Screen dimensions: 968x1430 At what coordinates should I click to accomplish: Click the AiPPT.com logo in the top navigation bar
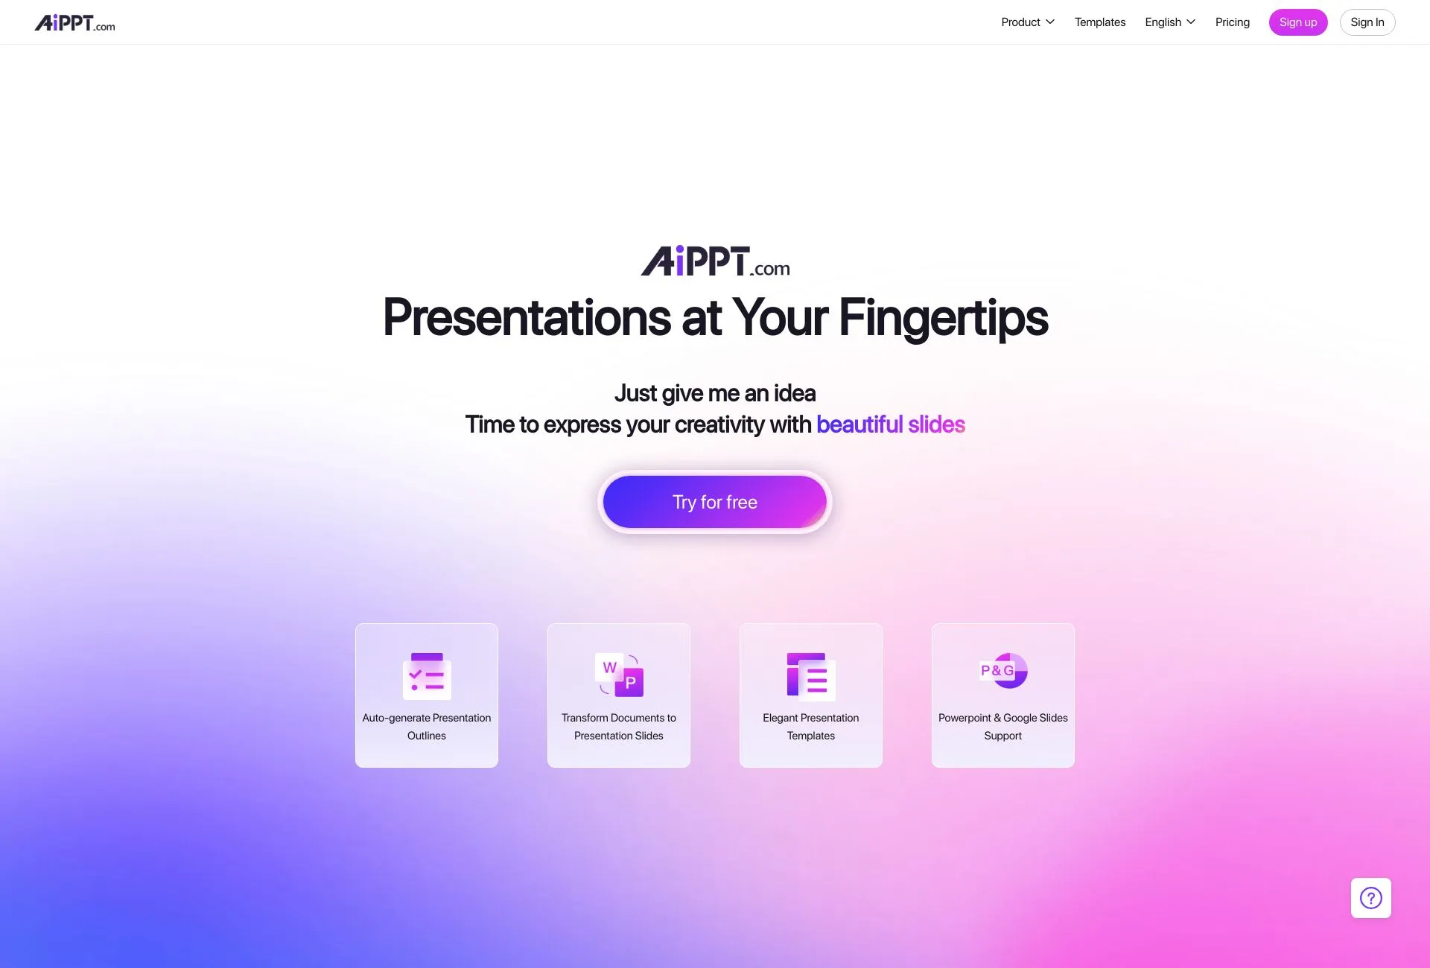pos(75,23)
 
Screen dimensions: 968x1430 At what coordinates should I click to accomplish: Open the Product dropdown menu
pos(1027,22)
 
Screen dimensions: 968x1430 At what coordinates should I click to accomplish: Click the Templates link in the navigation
pos(1099,22)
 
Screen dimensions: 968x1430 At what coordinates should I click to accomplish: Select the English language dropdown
pos(1169,22)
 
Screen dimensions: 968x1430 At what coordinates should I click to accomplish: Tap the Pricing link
pos(1232,22)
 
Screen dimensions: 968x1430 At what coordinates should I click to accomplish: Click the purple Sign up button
pos(1297,22)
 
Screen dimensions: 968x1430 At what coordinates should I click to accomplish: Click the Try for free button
pos(714,502)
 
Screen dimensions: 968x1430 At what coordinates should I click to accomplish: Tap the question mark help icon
pos(1370,897)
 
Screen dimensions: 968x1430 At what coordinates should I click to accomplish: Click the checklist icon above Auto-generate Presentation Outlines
pos(427,675)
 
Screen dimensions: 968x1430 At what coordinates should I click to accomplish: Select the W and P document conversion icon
pos(619,675)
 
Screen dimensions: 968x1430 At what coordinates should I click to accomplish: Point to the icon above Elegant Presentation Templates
pos(811,676)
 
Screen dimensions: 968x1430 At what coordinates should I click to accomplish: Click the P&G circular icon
pos(1003,670)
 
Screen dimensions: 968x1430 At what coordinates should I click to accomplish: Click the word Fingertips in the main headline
pos(943,318)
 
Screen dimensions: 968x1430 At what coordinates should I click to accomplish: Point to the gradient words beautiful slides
pos(890,424)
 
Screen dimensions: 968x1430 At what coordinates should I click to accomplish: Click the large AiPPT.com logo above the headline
pos(715,261)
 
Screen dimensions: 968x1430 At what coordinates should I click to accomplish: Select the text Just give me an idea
pos(714,393)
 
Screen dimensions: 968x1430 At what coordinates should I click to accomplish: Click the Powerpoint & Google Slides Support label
pos(1002,726)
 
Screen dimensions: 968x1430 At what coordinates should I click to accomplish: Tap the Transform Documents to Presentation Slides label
pos(618,726)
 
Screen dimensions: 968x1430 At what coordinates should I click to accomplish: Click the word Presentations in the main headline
pos(527,318)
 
